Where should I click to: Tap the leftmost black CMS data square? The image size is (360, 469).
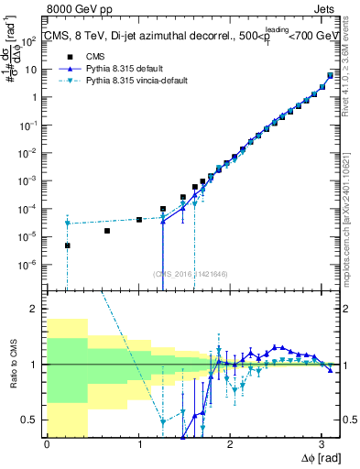click(x=67, y=245)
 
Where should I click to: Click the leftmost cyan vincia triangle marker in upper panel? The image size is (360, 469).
click(x=67, y=224)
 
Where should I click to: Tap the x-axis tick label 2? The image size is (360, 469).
click(x=229, y=443)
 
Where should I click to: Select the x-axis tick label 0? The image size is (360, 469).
click(x=47, y=443)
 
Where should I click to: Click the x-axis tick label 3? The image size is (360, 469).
click(x=321, y=443)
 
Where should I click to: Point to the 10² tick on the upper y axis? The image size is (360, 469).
click(x=30, y=40)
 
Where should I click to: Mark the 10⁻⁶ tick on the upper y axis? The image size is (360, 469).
click(x=30, y=264)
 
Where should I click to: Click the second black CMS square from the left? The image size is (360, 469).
click(x=107, y=231)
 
